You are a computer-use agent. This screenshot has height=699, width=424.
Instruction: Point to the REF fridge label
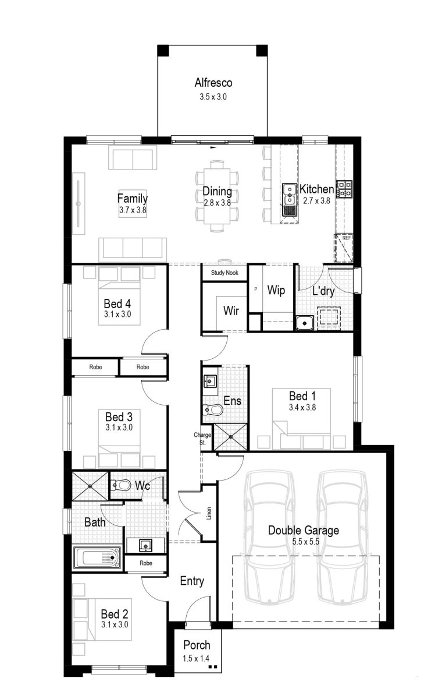(345, 238)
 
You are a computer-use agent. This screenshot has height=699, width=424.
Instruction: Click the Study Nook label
(225, 273)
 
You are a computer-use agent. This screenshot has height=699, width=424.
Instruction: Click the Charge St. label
(205, 438)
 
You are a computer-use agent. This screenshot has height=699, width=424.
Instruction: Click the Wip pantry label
(276, 290)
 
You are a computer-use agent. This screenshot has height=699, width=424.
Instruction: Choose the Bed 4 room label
(117, 303)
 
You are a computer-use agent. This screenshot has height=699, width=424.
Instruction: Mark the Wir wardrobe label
(231, 310)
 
